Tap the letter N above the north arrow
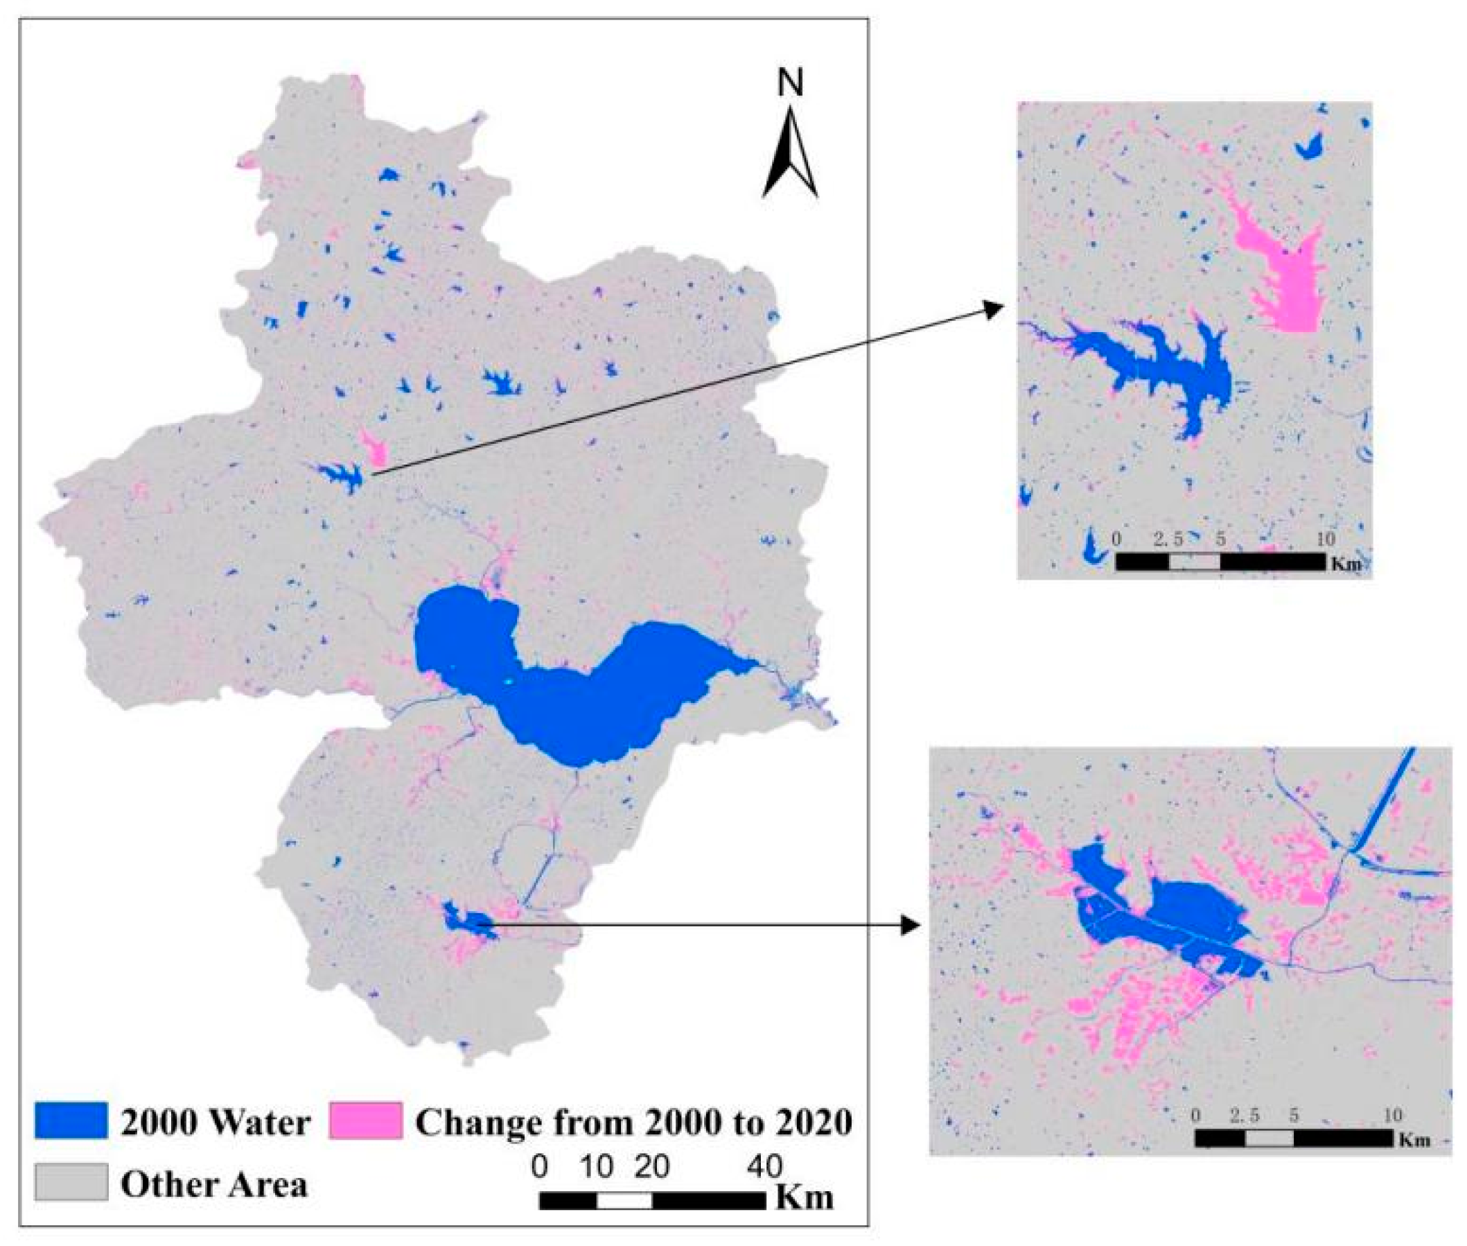(x=790, y=83)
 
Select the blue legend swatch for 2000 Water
(x=71, y=1120)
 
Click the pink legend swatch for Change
(x=365, y=1120)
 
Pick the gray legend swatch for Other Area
(x=71, y=1182)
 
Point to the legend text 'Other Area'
(x=214, y=1184)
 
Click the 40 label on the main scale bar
(x=764, y=1166)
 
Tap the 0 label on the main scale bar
(x=539, y=1166)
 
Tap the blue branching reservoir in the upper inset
(x=1158, y=367)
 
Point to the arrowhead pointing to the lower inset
(x=914, y=924)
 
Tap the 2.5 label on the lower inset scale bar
(x=1244, y=1116)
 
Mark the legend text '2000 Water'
(x=216, y=1123)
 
